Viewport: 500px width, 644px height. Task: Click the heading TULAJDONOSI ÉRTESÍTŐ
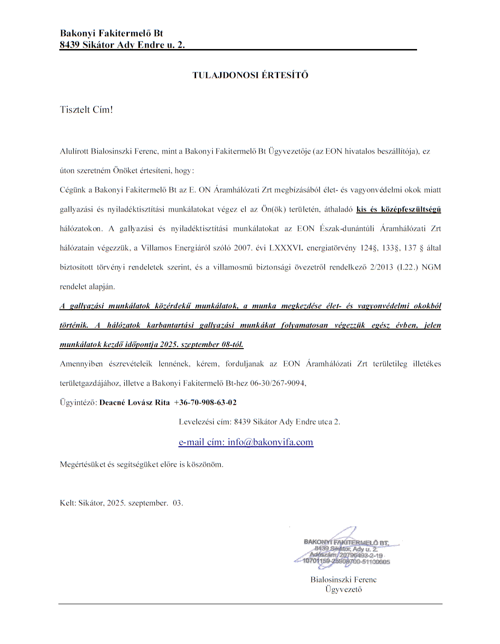250,75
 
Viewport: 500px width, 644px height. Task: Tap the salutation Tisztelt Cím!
86,110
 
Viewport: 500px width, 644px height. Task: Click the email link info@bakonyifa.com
270,442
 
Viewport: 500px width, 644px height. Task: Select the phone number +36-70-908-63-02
205,402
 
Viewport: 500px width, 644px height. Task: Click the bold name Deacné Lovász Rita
134,402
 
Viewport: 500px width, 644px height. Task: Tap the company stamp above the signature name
346,551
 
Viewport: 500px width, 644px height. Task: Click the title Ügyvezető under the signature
343,589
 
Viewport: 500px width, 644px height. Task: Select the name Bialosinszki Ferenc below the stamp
343,580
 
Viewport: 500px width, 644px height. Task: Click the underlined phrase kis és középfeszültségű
399,209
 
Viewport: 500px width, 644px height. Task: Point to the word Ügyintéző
78,402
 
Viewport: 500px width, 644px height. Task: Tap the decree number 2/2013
381,267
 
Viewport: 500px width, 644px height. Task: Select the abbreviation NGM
431,267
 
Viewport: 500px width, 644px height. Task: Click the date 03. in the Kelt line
178,503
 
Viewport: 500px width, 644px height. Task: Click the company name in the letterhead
111,33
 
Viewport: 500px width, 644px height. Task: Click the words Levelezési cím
204,422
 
